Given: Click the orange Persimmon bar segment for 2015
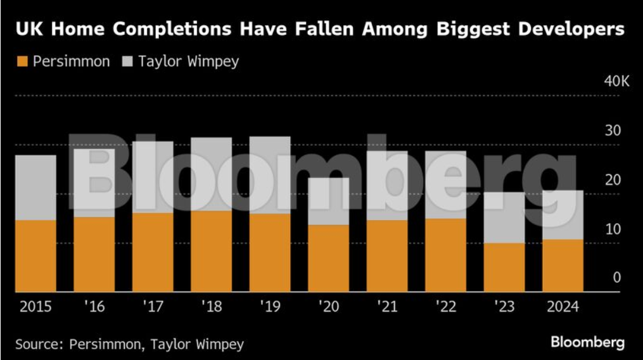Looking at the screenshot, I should click(x=35, y=255).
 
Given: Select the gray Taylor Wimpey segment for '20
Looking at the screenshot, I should click(x=328, y=201).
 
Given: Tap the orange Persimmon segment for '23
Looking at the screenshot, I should click(x=504, y=267).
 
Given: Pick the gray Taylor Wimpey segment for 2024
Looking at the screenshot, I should click(x=563, y=214).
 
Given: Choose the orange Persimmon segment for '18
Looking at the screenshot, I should click(x=211, y=251).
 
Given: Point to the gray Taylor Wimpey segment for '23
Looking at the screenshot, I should click(x=504, y=217).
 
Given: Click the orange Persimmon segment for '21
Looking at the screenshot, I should click(x=386, y=255).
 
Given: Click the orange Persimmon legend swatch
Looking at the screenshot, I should click(x=22, y=62).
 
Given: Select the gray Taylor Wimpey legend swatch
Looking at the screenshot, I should click(x=126, y=62).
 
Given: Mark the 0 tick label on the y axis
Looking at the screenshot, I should click(x=616, y=278).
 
